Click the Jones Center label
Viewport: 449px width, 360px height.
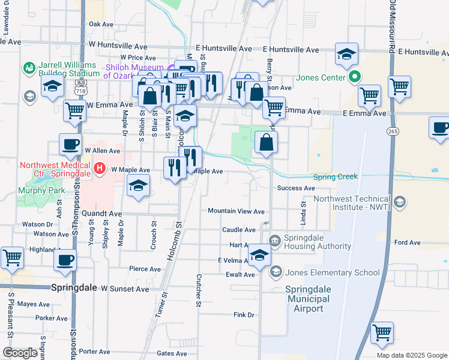[321, 77]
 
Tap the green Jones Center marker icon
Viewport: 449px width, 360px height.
[355, 77]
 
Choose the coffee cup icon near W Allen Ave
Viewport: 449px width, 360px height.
[70, 145]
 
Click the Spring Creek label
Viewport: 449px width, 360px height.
[336, 176]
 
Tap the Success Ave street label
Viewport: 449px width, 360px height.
[296, 188]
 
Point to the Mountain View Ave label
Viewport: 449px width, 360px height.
[236, 211]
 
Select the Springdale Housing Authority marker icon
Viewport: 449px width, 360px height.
[275, 241]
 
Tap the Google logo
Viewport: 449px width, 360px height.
[20, 352]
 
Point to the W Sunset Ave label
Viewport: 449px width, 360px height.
[125, 289]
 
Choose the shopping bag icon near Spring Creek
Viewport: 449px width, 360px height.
[266, 142]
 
